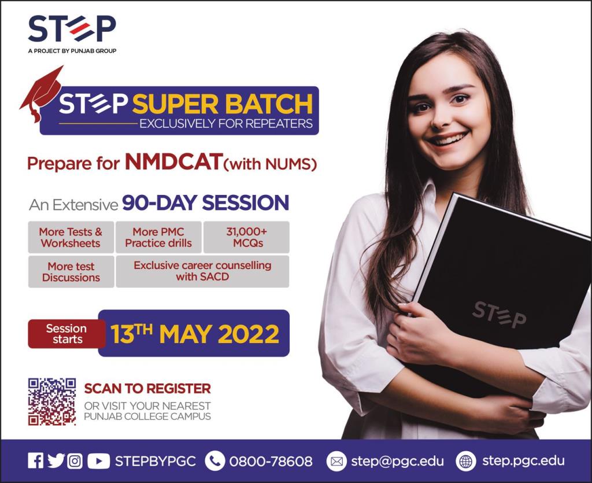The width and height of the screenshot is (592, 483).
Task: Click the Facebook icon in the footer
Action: click(x=35, y=460)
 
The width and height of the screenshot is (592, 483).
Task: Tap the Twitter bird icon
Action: click(x=55, y=460)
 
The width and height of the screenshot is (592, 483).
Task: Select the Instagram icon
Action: click(x=75, y=461)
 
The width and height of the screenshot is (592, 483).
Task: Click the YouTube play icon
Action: click(x=98, y=461)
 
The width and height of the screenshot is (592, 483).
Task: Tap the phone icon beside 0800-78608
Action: click(x=215, y=461)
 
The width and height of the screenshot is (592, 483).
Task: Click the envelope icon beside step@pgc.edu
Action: click(x=336, y=461)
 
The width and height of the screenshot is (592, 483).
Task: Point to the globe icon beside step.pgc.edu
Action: click(x=466, y=461)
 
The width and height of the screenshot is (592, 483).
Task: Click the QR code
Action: click(x=52, y=401)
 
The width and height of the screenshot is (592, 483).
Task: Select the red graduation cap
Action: click(x=41, y=92)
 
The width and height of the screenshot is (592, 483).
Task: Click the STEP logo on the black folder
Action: click(x=499, y=315)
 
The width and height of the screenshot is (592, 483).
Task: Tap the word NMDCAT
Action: click(x=173, y=161)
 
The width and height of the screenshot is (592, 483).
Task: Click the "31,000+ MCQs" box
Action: click(x=246, y=237)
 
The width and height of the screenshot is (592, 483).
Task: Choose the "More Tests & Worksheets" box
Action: click(x=71, y=237)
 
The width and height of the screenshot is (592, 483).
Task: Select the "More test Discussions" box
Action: click(x=71, y=271)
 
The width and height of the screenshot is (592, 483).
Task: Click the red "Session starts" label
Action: click(x=67, y=333)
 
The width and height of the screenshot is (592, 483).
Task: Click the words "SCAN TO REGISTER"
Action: click(x=147, y=388)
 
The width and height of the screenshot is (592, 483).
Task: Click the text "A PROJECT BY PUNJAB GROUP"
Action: click(x=72, y=50)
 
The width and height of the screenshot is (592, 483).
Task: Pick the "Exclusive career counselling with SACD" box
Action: click(x=202, y=271)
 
